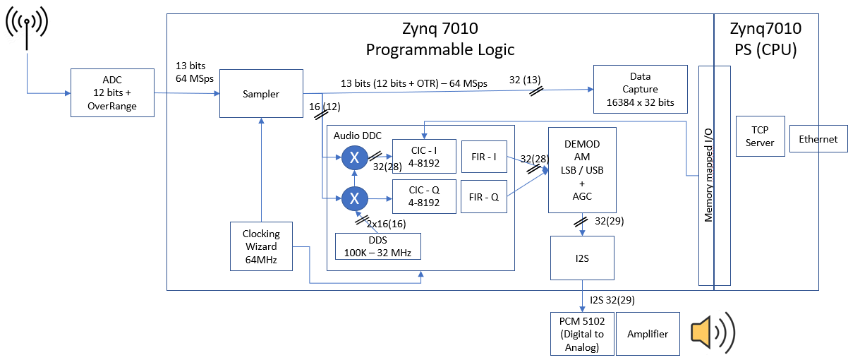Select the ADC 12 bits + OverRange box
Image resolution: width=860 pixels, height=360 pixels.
coord(113,92)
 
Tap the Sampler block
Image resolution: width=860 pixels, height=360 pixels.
coord(261,93)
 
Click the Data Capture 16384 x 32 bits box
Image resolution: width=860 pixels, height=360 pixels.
coord(640,89)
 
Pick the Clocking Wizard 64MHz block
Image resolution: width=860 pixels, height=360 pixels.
coord(261,246)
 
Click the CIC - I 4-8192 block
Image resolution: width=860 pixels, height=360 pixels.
coord(424,156)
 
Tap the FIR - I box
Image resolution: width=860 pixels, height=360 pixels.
coord(484,157)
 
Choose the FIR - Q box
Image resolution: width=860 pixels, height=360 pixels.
coord(484,197)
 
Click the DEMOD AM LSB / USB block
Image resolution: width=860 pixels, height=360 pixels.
coord(582,169)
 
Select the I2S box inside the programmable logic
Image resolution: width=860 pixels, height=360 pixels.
coord(582,258)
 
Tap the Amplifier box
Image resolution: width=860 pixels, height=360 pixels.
coord(648,334)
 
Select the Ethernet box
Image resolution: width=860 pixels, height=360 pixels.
coord(818,140)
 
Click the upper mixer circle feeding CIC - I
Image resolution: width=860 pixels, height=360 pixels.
coord(355,157)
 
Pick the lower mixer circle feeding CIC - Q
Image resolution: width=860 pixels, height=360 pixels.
coord(355,198)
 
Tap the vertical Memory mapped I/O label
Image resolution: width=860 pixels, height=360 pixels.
coord(706,176)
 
